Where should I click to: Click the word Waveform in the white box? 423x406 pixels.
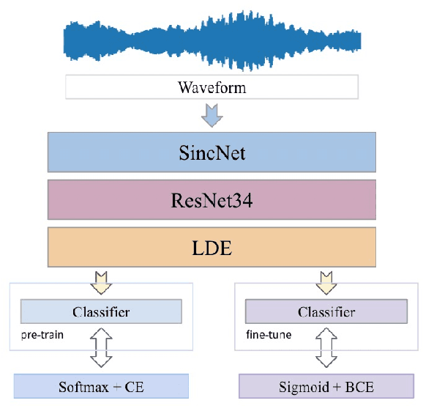[211, 88]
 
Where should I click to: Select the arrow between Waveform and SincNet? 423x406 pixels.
[211, 114]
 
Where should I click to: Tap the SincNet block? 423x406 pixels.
[211, 153]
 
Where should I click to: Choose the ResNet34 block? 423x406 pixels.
[211, 200]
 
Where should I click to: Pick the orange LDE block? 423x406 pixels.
[211, 247]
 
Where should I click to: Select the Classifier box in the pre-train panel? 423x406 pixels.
[101, 312]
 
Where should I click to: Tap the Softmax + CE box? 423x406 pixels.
[102, 386]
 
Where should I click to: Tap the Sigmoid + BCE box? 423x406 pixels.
[326, 386]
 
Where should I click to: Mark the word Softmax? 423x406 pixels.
[81, 386]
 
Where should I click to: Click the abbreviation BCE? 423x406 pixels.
[360, 386]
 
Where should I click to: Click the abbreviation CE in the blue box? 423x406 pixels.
[135, 386]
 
